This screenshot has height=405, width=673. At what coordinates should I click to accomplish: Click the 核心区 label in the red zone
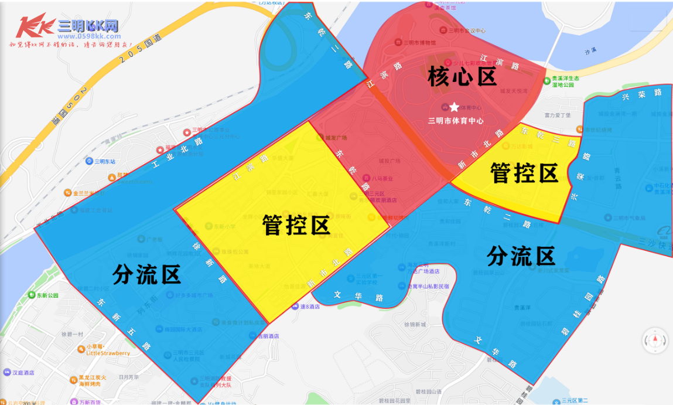pos(462,76)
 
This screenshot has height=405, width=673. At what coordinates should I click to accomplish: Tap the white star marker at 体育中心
pos(455,107)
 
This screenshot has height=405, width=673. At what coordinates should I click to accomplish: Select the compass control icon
pos(655,341)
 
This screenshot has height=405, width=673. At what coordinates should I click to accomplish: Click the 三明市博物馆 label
pos(419,42)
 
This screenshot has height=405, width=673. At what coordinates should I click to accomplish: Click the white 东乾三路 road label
pos(548,135)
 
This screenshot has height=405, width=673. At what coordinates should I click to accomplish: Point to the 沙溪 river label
pos(590,52)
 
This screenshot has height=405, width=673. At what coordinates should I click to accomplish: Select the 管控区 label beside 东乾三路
pos(524,173)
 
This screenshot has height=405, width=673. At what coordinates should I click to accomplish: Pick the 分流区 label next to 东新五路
pos(146,274)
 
